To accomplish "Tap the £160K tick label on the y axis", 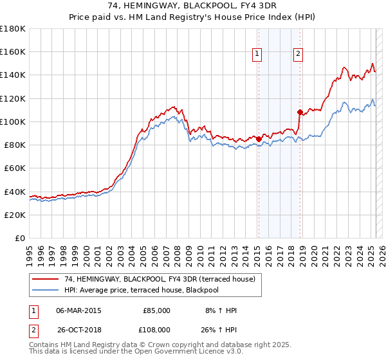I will click(x=14, y=52).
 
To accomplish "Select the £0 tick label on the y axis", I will click(x=21, y=238).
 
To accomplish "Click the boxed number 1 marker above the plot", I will click(x=257, y=55).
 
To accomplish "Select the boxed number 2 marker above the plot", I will click(x=299, y=55).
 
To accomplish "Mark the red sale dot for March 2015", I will click(x=259, y=139).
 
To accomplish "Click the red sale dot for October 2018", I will click(x=300, y=112).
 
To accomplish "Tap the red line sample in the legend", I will click(x=46, y=279).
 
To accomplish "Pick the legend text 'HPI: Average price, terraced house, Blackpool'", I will click(x=142, y=290).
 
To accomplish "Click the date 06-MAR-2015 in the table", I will click(x=78, y=310).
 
